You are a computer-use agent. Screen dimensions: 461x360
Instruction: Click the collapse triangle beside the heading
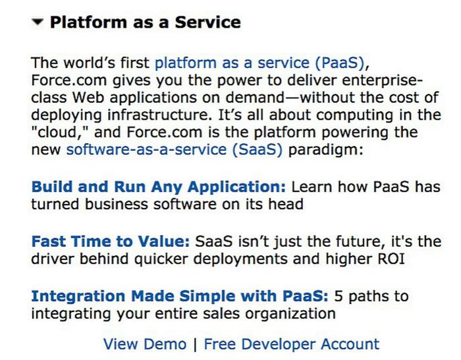click(x=38, y=22)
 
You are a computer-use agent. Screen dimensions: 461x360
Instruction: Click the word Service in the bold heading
click(x=208, y=22)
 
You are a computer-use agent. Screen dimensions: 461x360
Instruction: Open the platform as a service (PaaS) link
click(x=259, y=63)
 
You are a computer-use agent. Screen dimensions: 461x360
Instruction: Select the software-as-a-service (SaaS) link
click(x=175, y=149)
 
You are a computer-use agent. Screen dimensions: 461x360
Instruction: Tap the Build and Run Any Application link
click(x=159, y=187)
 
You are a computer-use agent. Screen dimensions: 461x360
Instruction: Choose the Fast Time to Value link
click(x=111, y=242)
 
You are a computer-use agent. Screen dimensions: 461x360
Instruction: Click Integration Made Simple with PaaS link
click(x=180, y=296)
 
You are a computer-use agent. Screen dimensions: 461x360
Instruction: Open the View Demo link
click(x=145, y=344)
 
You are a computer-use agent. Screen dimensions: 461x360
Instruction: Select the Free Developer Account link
click(x=292, y=344)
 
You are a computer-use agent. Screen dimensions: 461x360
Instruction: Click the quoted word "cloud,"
click(x=59, y=132)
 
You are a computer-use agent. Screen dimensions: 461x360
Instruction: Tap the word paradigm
click(x=326, y=150)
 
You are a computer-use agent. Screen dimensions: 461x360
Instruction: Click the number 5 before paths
click(x=339, y=296)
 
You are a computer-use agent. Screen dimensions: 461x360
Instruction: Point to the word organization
click(x=290, y=314)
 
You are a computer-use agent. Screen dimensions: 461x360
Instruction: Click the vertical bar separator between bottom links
click(x=195, y=344)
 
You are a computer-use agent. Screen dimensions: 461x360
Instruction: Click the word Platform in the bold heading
click(x=88, y=22)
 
